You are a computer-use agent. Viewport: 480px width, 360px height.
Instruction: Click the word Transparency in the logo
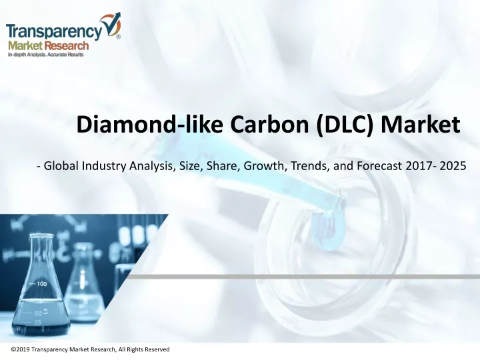coord(55,31)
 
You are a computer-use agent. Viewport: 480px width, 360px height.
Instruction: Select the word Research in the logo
coord(67,46)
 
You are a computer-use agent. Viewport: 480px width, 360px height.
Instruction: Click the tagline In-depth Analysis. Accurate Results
coord(45,55)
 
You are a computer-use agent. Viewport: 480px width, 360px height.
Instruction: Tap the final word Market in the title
coord(420,124)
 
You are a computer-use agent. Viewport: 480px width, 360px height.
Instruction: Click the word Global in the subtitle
coord(61,166)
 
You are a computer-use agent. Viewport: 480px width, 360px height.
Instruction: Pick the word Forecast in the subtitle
coord(379,166)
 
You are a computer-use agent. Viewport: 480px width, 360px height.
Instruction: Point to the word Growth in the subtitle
coord(265,166)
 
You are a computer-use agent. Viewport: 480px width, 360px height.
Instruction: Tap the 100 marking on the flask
coord(41,284)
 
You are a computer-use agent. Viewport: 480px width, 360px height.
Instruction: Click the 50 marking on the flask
coord(38,313)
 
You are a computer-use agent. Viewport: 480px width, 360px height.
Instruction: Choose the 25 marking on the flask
coord(37,323)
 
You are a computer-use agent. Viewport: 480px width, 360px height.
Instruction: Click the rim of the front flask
coord(41,236)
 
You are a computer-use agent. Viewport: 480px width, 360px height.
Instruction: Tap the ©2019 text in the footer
coord(21,349)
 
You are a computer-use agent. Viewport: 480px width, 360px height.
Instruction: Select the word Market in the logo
coord(25,46)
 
